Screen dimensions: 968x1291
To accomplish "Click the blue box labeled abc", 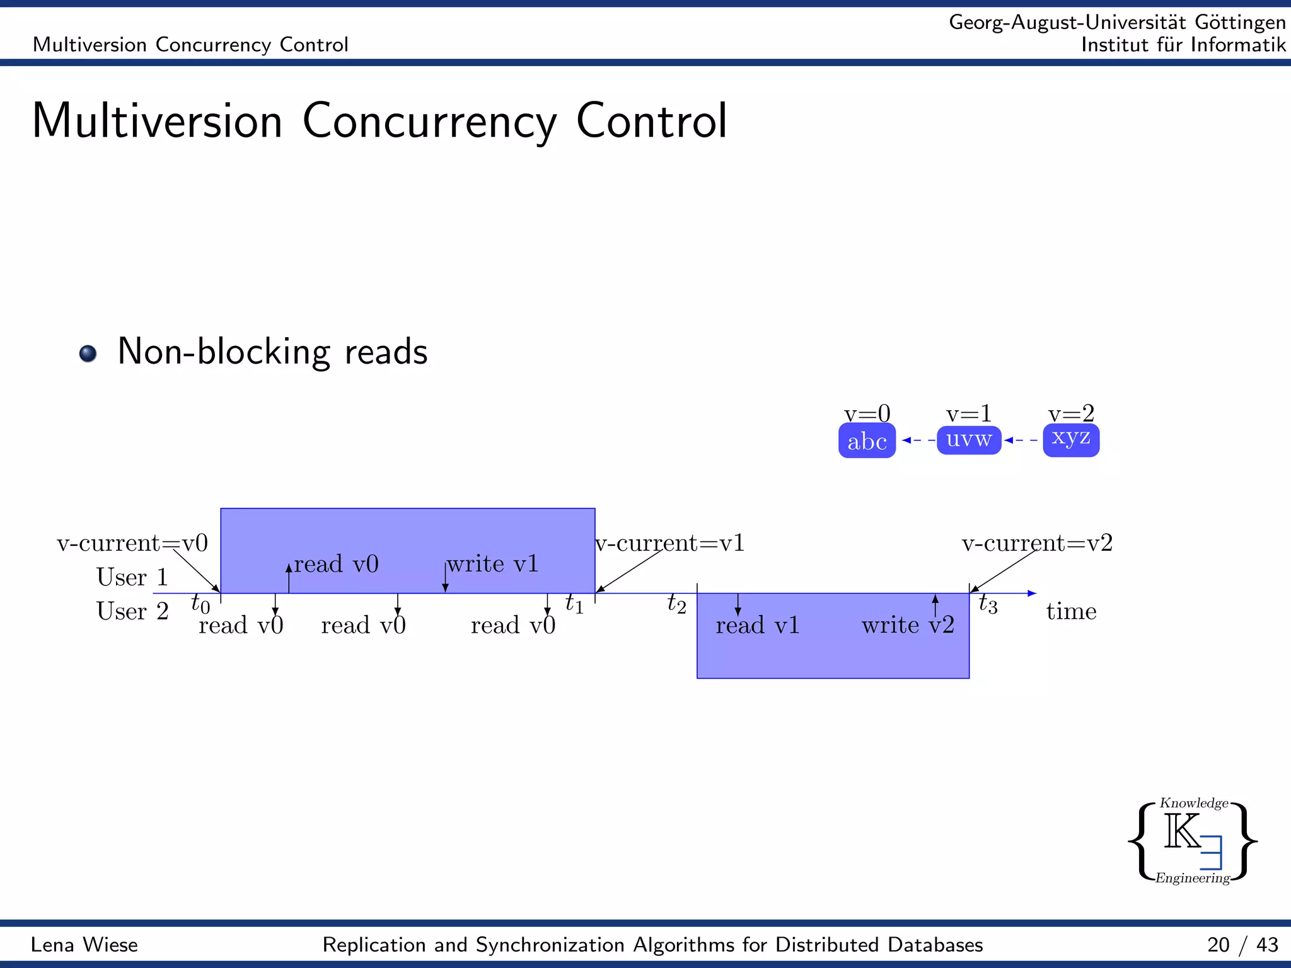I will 867,441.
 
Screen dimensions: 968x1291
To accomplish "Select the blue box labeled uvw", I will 969,439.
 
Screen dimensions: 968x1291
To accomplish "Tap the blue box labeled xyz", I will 1071,439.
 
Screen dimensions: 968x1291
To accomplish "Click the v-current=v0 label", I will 132,543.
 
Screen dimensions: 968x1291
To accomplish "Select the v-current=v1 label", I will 671,543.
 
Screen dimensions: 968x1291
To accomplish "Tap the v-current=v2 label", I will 1037,543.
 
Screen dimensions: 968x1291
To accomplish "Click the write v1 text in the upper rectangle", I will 493,563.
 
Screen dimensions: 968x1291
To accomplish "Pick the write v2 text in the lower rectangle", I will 908,625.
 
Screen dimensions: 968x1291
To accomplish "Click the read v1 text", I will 758,625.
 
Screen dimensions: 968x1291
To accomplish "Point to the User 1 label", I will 132,577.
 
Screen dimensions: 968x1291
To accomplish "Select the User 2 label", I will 132,611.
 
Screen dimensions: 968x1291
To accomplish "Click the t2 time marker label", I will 676,604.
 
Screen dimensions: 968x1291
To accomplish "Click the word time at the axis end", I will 1071,611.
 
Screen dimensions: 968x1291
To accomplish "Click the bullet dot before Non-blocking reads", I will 88,353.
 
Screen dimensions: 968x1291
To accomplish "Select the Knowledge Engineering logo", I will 1193,841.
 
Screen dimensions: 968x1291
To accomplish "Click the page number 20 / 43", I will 1242,945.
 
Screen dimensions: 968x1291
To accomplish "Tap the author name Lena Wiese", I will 84,945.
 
